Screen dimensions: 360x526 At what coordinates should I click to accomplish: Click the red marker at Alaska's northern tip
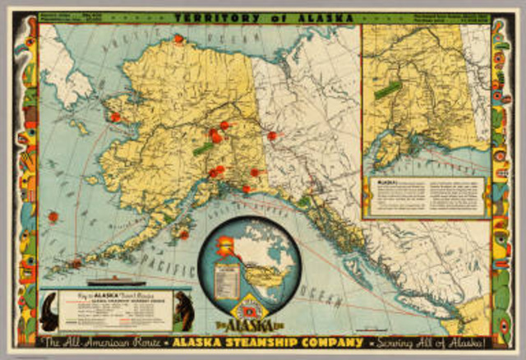point(178,39)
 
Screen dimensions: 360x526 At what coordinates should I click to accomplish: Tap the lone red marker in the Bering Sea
point(53,216)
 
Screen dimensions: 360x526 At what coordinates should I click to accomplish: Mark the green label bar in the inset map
point(388,89)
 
